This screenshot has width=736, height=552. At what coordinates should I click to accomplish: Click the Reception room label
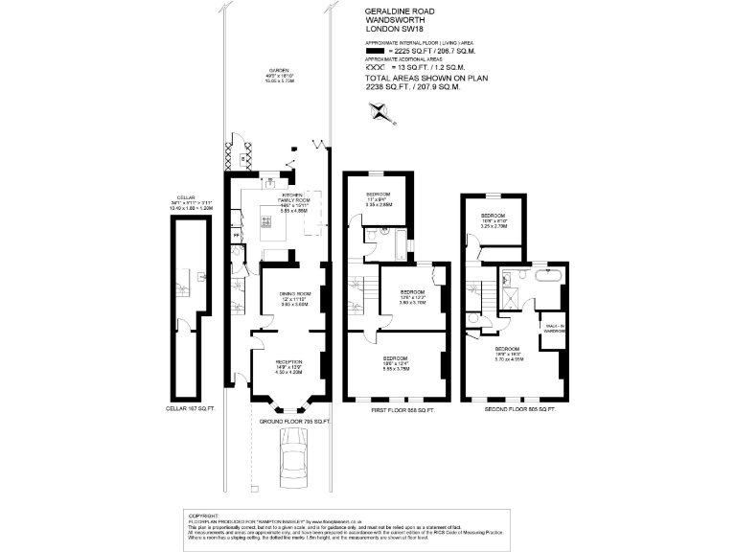(x=288, y=367)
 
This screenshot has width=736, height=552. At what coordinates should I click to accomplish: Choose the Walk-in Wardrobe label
(x=553, y=331)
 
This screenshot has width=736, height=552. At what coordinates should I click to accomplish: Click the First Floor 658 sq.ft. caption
(x=402, y=409)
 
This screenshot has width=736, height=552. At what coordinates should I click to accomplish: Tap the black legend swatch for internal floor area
(x=374, y=54)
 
